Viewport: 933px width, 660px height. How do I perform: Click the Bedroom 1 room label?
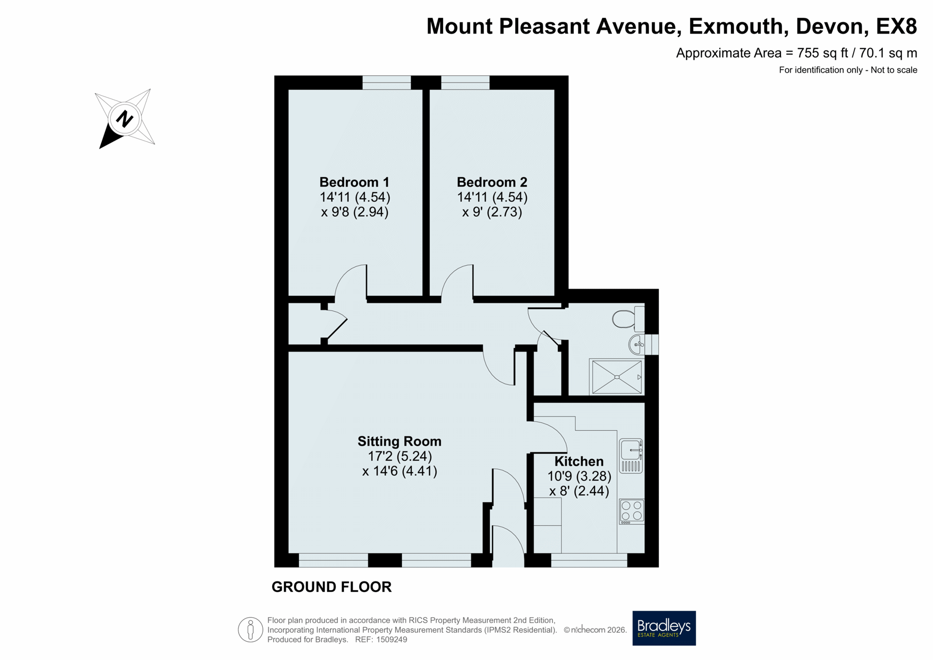click(354, 182)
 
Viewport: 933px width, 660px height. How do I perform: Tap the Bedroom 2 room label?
click(492, 182)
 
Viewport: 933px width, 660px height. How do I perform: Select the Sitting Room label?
click(399, 441)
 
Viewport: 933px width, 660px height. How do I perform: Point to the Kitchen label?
click(579, 461)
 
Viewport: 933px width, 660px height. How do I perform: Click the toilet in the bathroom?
click(628, 318)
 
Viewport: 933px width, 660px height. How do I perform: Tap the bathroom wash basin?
click(637, 345)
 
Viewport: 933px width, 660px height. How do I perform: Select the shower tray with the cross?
click(616, 377)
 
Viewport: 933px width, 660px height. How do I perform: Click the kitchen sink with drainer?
click(631, 456)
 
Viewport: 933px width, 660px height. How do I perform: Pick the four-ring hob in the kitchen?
click(632, 511)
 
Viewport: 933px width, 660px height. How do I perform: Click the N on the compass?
click(124, 119)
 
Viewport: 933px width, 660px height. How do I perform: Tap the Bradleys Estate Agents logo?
click(664, 628)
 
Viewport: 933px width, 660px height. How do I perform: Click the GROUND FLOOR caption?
click(331, 587)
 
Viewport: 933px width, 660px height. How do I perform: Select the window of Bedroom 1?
click(387, 83)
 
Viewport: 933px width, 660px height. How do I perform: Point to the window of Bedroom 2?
click(465, 83)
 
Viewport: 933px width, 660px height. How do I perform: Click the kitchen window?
click(589, 560)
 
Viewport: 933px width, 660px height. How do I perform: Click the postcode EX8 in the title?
click(897, 26)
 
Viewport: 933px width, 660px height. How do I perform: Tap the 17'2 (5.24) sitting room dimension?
click(399, 456)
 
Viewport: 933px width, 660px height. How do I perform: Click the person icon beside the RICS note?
click(250, 630)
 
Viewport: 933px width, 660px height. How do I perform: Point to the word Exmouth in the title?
click(738, 26)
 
